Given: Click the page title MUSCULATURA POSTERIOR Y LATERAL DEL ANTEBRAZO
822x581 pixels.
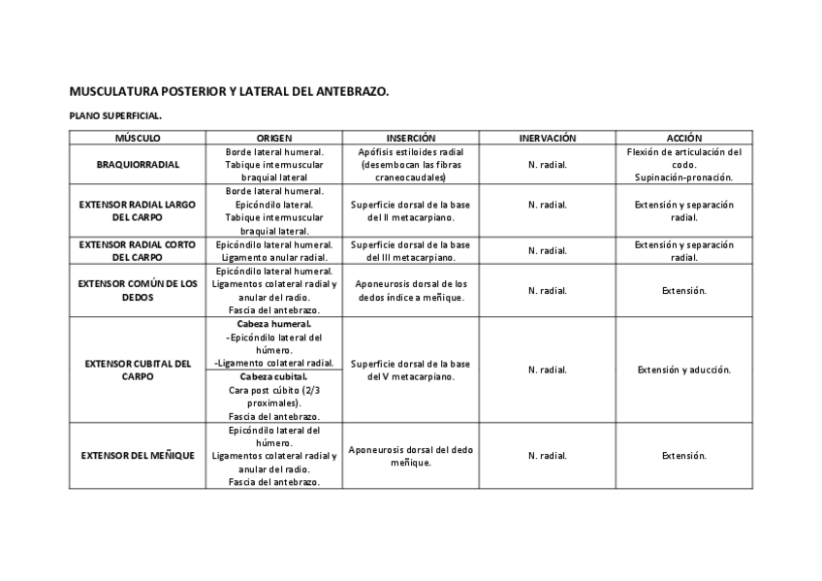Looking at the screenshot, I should click(x=229, y=92).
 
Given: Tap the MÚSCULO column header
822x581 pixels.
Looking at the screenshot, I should click(x=137, y=139).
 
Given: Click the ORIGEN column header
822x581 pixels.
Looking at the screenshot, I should click(x=274, y=139).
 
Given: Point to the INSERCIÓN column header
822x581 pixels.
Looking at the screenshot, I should click(x=411, y=139).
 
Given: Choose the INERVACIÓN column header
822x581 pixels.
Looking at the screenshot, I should click(x=548, y=139).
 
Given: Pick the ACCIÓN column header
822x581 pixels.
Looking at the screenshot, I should click(x=683, y=139).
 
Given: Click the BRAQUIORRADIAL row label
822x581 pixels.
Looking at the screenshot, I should click(x=137, y=165).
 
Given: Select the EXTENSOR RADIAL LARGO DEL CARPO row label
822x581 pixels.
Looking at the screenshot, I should click(x=137, y=211).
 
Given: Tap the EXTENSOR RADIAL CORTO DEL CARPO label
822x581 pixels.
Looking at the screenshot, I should click(x=137, y=251).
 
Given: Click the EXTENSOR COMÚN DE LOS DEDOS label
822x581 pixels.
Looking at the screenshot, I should click(x=137, y=290).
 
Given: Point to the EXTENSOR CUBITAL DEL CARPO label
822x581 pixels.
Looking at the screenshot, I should click(x=137, y=370).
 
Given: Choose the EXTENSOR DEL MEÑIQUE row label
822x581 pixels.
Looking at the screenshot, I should click(x=137, y=456).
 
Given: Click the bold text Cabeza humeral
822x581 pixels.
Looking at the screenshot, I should click(x=274, y=324).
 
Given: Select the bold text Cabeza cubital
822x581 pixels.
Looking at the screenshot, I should click(x=274, y=376).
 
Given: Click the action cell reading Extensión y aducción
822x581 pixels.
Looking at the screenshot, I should click(x=683, y=370).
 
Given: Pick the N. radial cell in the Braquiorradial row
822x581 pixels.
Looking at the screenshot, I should click(x=548, y=165).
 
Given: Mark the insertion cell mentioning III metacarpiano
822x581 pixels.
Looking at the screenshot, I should click(x=411, y=251).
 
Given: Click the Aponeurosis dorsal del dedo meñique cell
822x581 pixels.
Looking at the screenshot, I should click(x=411, y=456).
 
